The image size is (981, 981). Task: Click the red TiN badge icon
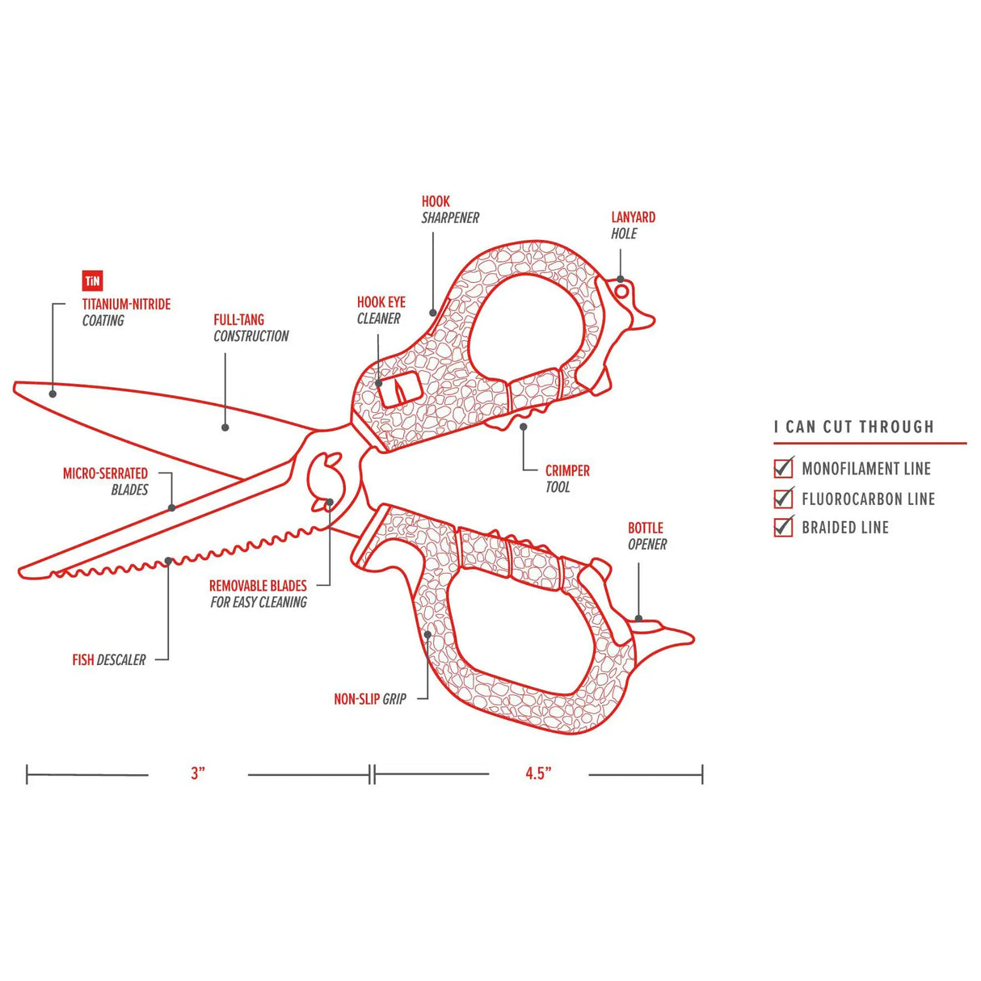pyautogui.click(x=92, y=280)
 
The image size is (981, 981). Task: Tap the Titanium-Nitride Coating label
pyautogui.click(x=126, y=312)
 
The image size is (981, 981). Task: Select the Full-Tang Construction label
pyautogui.click(x=251, y=328)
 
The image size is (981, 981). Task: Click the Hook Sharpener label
pyautogui.click(x=450, y=209)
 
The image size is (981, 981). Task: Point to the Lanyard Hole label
pyautogui.click(x=633, y=225)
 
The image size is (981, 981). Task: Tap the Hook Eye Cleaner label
pyautogui.click(x=381, y=310)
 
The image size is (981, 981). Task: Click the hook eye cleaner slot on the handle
pyautogui.click(x=399, y=390)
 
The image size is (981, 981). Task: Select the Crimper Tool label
pyautogui.click(x=566, y=478)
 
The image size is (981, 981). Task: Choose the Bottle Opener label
pyautogui.click(x=646, y=536)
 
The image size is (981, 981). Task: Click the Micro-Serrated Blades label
pyautogui.click(x=106, y=481)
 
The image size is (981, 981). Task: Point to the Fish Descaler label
pyautogui.click(x=109, y=660)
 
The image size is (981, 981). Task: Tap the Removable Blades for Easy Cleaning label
pyautogui.click(x=258, y=594)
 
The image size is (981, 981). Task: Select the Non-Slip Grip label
pyautogui.click(x=370, y=699)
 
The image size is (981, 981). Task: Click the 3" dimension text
pyautogui.click(x=198, y=773)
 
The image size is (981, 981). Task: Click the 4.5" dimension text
pyautogui.click(x=538, y=773)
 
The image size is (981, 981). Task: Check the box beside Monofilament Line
pyautogui.click(x=783, y=468)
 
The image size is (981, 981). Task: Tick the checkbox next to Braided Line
pyautogui.click(x=783, y=527)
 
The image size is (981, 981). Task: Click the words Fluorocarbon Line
pyautogui.click(x=868, y=499)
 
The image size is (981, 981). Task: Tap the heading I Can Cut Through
pyautogui.click(x=853, y=427)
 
